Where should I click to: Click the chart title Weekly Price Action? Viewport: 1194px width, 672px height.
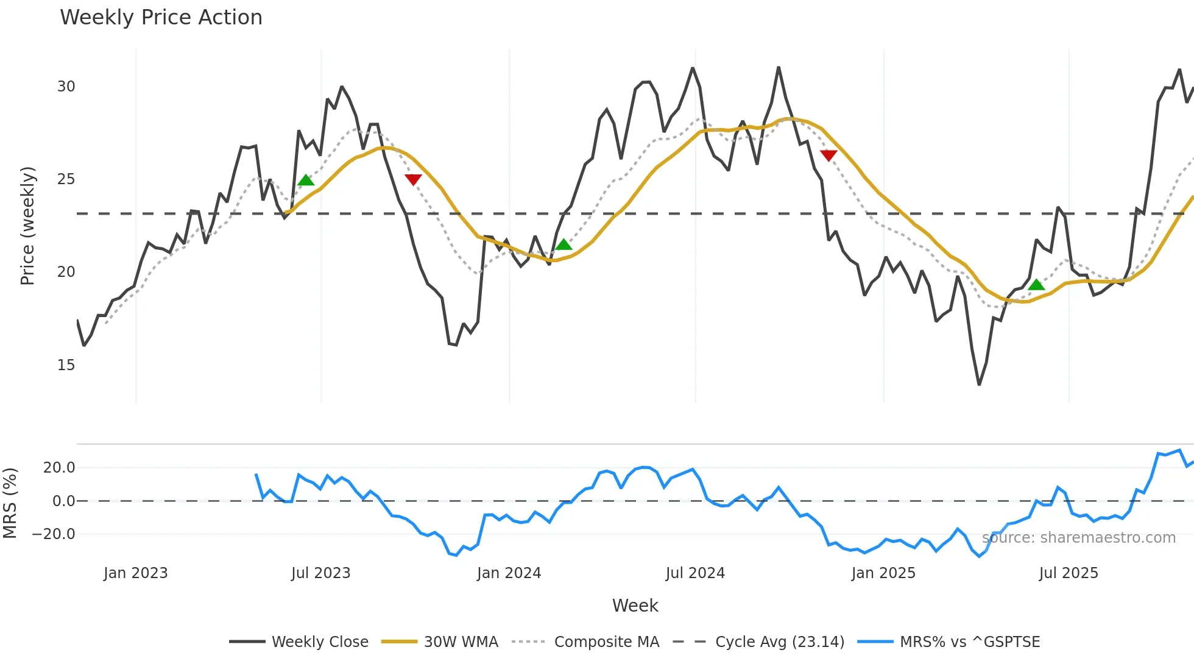(161, 18)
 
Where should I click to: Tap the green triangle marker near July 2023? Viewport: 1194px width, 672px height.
(306, 180)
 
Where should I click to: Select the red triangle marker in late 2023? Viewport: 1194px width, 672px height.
(413, 179)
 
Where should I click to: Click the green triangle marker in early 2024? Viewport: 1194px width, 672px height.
(563, 245)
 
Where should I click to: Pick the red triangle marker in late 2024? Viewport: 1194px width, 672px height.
(828, 155)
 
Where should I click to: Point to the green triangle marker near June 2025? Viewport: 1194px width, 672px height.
(1036, 285)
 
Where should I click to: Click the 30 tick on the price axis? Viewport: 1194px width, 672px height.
(66, 87)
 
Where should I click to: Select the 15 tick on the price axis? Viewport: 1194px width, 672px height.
(66, 365)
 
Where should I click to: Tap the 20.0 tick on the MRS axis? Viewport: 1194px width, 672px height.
(59, 468)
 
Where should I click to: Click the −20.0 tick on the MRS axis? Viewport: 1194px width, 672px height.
(54, 534)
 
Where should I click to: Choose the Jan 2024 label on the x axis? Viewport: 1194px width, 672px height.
(509, 573)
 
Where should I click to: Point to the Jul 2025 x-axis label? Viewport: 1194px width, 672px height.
(1069, 573)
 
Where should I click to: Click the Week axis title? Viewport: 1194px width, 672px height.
(635, 606)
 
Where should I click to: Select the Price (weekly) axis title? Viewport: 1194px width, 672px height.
(27, 226)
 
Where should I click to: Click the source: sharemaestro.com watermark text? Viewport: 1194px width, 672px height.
(1078, 538)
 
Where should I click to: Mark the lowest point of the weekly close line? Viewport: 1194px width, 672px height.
(979, 385)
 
